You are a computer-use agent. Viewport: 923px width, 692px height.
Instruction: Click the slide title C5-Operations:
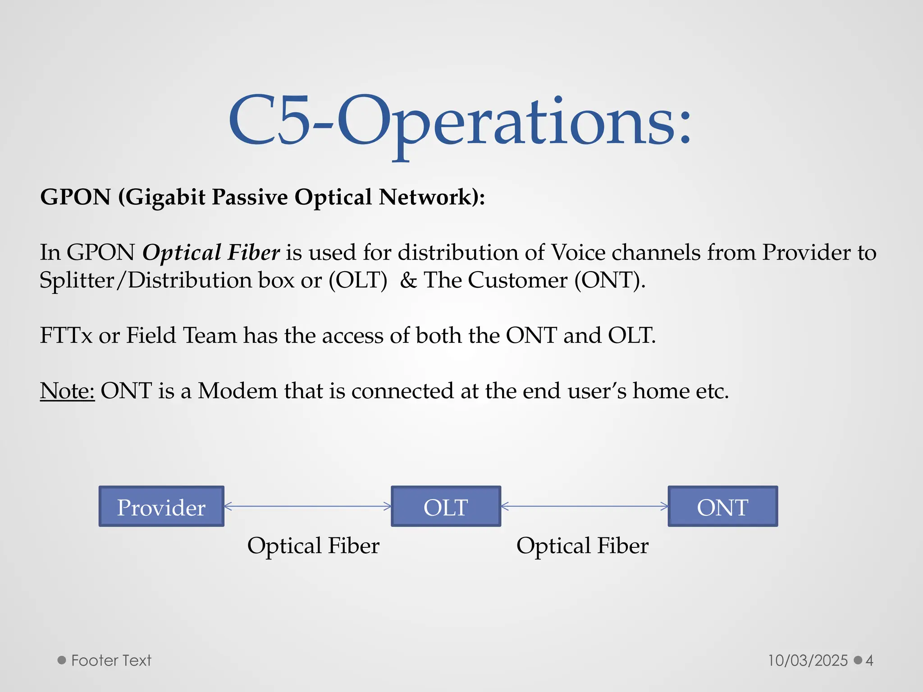pos(460,122)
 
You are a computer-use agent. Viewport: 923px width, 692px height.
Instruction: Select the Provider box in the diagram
pos(161,506)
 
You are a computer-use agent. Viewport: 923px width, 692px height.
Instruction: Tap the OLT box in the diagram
pos(446,506)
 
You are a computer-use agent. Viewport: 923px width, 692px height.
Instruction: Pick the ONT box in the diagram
pos(722,506)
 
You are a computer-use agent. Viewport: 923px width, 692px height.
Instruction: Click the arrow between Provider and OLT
pos(308,506)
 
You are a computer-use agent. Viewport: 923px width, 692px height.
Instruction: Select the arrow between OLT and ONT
pos(584,506)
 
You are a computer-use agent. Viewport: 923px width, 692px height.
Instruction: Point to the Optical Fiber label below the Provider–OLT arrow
pos(313,546)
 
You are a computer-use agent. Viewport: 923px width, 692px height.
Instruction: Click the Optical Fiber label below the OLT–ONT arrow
pos(582,546)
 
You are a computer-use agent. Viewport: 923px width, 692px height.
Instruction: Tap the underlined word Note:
pos(67,390)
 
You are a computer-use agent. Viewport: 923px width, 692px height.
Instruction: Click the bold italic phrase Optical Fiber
pos(211,252)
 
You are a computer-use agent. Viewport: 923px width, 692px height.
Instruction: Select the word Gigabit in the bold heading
pos(164,197)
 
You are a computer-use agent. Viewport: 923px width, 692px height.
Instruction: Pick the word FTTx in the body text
pos(66,335)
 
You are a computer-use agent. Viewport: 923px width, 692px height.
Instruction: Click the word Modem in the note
pos(238,390)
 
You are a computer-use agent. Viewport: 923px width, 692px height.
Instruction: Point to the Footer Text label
pos(111,660)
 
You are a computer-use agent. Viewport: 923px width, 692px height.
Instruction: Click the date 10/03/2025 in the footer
pos(808,660)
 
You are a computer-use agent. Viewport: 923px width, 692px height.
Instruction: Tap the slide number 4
pos(869,660)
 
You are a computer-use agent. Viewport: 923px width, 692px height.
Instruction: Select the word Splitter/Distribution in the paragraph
pos(146,280)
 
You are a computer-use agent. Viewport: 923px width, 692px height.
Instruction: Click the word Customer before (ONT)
pos(517,280)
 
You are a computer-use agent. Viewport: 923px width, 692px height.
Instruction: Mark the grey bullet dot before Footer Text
pos(62,660)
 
